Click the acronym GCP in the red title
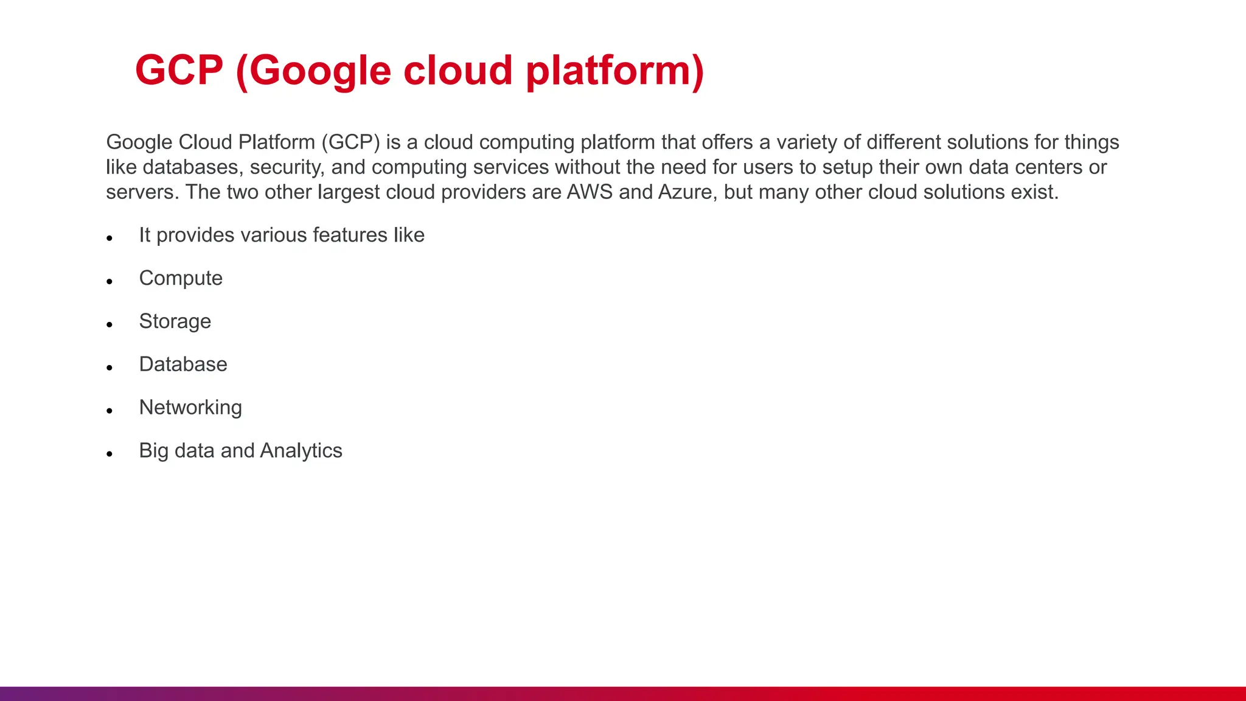(x=179, y=70)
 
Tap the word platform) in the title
(x=614, y=71)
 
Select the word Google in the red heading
(x=321, y=71)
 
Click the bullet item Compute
(x=181, y=278)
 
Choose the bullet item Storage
(x=175, y=321)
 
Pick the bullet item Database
(x=183, y=364)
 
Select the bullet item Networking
(x=190, y=408)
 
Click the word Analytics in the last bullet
(x=301, y=451)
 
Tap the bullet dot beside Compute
(x=110, y=281)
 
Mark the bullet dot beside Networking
(x=110, y=411)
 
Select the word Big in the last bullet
(x=153, y=451)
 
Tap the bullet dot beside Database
(x=110, y=368)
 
